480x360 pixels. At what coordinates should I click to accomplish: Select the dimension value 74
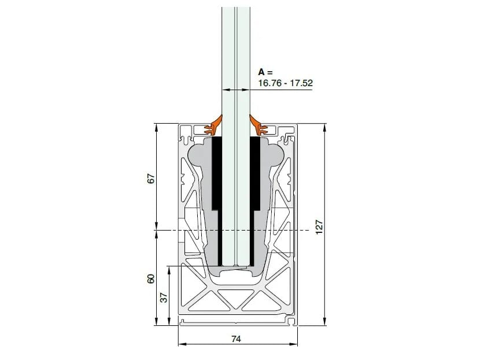[236, 340]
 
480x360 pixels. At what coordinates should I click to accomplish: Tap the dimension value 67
[152, 179]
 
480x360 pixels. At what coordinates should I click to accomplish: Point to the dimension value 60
[152, 279]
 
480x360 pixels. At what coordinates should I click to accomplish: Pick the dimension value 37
[164, 298]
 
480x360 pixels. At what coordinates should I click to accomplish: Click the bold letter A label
[262, 72]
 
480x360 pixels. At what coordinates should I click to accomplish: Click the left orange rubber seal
[216, 123]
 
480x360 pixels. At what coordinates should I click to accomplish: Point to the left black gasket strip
[215, 173]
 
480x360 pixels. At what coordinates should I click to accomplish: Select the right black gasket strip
[255, 173]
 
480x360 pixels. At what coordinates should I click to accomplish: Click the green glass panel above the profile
[236, 58]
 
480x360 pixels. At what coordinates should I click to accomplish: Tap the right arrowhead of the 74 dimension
[296, 345]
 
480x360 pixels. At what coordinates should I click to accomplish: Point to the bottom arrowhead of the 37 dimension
[169, 323]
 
